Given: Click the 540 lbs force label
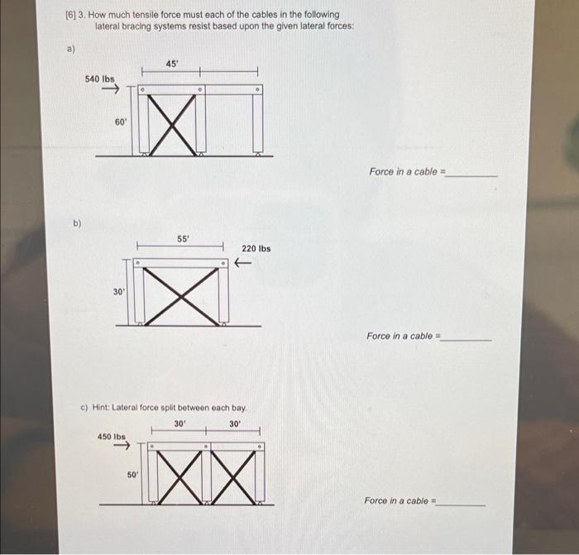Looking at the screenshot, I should pyautogui.click(x=100, y=79).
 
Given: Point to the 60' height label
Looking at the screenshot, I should pyautogui.click(x=121, y=122).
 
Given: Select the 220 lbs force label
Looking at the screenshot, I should pyautogui.click(x=256, y=248).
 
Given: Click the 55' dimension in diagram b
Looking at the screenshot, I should pyautogui.click(x=183, y=238).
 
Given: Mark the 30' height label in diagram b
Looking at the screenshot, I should pyautogui.click(x=119, y=291).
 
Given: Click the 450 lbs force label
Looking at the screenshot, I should pyautogui.click(x=112, y=436).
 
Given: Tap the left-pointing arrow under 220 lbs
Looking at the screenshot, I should pyautogui.click(x=242, y=263).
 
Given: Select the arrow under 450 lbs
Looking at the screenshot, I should pyautogui.click(x=122, y=447).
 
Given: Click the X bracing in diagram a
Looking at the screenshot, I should pyautogui.click(x=174, y=124).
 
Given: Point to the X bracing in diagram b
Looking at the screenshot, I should pyautogui.click(x=182, y=295).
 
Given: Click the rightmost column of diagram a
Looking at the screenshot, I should pyautogui.click(x=258, y=122).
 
